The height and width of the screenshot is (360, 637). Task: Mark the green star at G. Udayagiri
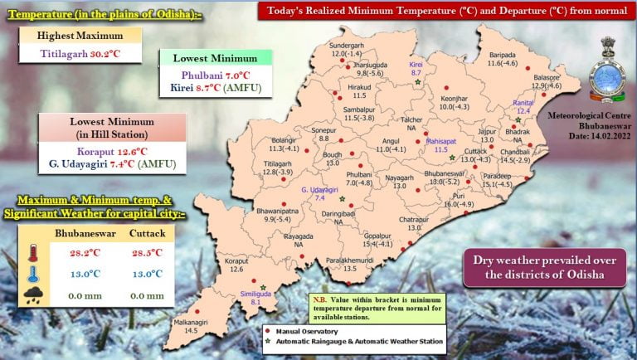click(341, 200)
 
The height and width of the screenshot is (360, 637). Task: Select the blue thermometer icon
click(31, 274)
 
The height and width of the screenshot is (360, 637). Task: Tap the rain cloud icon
click(32, 295)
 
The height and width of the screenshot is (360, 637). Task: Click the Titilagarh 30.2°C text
click(81, 54)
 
